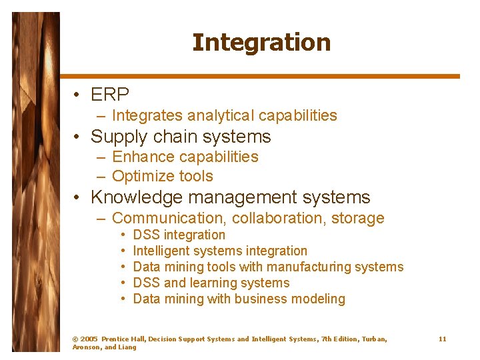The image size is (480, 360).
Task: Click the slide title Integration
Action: pyautogui.click(x=261, y=43)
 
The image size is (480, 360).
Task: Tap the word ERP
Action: pyautogui.click(x=110, y=95)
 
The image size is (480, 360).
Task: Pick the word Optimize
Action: pyautogui.click(x=143, y=176)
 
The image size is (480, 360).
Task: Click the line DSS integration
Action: pyautogui.click(x=179, y=235)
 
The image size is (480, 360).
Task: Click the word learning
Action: pyautogui.click(x=216, y=283)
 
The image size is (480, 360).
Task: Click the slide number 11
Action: pyautogui.click(x=442, y=339)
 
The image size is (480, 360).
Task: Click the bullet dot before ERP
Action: pyautogui.click(x=79, y=95)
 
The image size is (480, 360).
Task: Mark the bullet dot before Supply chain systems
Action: pyautogui.click(x=79, y=137)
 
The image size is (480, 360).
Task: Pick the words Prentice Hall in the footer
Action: pyautogui.click(x=123, y=339)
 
